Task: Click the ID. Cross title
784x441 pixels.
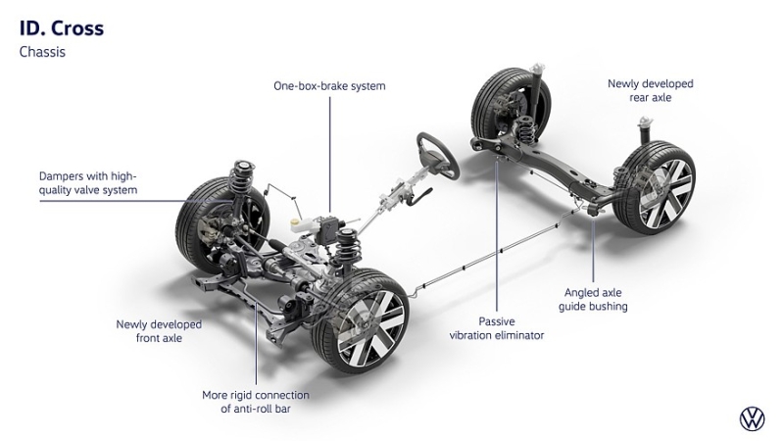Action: click(x=61, y=28)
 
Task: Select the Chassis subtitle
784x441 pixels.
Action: click(x=42, y=52)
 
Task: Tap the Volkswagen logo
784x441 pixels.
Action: click(x=752, y=419)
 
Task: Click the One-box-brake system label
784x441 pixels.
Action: click(x=329, y=86)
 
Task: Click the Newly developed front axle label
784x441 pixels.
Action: click(x=158, y=330)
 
